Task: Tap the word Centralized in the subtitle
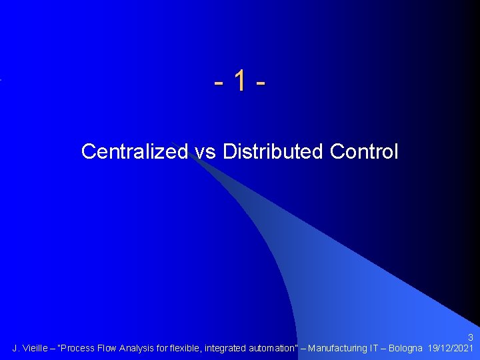point(134,152)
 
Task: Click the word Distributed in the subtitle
point(273,152)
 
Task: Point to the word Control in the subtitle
point(364,152)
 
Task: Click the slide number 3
point(471,337)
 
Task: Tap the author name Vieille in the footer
point(35,348)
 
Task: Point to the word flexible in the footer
point(187,348)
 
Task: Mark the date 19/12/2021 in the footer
point(451,348)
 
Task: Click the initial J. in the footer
point(16,348)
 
